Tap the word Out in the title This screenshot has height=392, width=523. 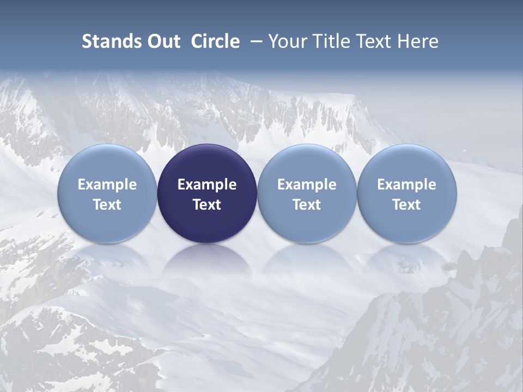163,41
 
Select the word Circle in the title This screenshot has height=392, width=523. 215,41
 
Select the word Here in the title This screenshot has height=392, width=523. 417,41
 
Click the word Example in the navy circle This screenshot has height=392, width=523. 207,185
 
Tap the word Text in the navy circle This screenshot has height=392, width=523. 207,205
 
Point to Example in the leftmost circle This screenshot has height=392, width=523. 107,185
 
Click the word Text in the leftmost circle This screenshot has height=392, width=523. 107,205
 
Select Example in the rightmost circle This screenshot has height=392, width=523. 407,185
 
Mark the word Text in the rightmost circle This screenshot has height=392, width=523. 407,205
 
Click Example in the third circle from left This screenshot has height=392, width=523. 307,185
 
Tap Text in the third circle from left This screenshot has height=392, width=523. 307,205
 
